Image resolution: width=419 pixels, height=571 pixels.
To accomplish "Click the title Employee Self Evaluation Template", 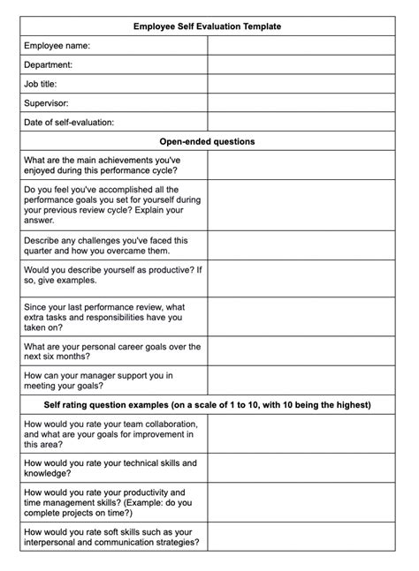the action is pyautogui.click(x=207, y=26).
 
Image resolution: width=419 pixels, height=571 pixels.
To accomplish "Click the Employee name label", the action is pyautogui.click(x=57, y=45).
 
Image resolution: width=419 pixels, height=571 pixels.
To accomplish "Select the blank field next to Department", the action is pyautogui.click(x=302, y=64).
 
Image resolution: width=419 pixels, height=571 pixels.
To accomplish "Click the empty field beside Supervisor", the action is pyautogui.click(x=302, y=103).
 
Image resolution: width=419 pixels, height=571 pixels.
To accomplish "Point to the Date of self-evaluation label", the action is pyautogui.click(x=69, y=123).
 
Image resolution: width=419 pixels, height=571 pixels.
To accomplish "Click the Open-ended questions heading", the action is pyautogui.click(x=207, y=141).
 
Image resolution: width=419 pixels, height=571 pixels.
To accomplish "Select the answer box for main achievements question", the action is pyautogui.click(x=302, y=165).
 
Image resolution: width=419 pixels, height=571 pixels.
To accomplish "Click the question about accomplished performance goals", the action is pyautogui.click(x=104, y=205).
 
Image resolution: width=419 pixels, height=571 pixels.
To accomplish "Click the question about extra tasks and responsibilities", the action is pyautogui.click(x=104, y=318).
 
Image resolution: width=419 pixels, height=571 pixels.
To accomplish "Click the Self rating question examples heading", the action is pyautogui.click(x=207, y=405).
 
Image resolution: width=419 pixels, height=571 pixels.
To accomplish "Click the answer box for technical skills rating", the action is pyautogui.click(x=302, y=468).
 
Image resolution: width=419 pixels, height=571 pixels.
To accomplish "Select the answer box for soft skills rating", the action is pyautogui.click(x=302, y=537).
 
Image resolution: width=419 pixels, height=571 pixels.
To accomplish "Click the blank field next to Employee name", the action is pyautogui.click(x=302, y=45).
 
